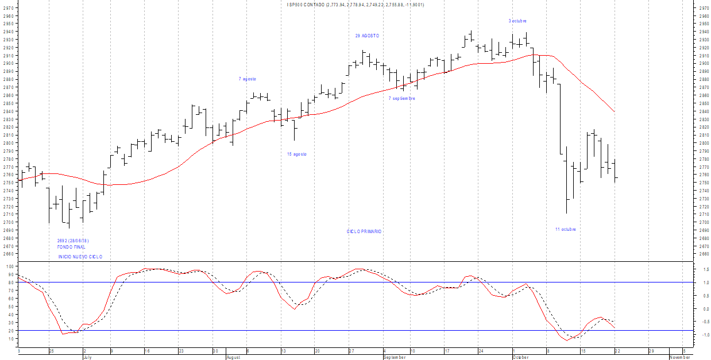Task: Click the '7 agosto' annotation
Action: (x=248, y=79)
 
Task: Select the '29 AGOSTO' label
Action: (x=367, y=36)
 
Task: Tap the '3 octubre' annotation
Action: (x=517, y=21)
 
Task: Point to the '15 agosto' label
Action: (x=297, y=154)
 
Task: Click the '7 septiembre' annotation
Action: (x=401, y=98)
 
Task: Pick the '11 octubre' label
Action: (x=565, y=229)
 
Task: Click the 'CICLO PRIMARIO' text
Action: (x=364, y=231)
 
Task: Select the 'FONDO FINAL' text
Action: (x=71, y=247)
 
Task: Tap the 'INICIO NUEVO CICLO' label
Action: (x=80, y=257)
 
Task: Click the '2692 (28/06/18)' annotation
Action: (x=73, y=241)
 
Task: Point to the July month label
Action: (x=87, y=357)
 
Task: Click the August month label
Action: (x=233, y=357)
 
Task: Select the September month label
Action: (x=394, y=357)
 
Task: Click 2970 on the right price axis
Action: (x=701, y=9)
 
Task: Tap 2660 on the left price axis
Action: (x=8, y=254)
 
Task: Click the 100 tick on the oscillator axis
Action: (x=9, y=266)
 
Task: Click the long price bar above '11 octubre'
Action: (x=566, y=181)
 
